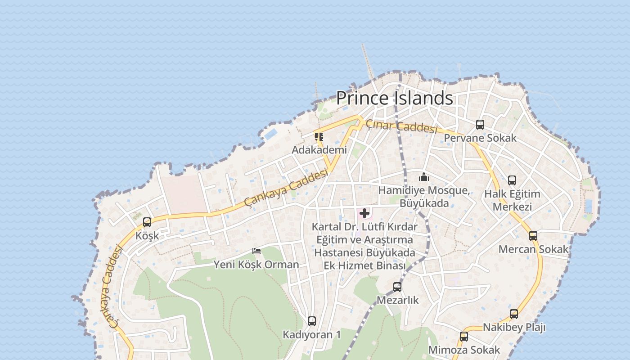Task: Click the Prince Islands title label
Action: pos(394,98)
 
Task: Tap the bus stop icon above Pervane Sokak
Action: pos(480,125)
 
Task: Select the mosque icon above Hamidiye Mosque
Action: pos(424,177)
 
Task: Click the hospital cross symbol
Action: pos(364,213)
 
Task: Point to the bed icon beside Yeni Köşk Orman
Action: pos(256,251)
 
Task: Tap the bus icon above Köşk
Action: pos(147,222)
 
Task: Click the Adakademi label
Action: pos(319,149)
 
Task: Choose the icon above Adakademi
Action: pos(319,136)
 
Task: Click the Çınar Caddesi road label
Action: pos(401,126)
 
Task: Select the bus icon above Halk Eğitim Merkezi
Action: pos(512,180)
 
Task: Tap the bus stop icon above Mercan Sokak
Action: pos(533,235)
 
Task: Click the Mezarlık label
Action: pos(398,300)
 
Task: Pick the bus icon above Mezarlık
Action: pos(397,287)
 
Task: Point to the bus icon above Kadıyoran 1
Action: pos(312,321)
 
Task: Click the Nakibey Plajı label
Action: pos(514,327)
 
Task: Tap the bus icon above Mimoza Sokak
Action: pos(464,337)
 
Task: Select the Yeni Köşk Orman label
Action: pos(256,264)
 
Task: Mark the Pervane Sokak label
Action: pos(480,138)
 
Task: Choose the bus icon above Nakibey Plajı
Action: pos(514,314)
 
